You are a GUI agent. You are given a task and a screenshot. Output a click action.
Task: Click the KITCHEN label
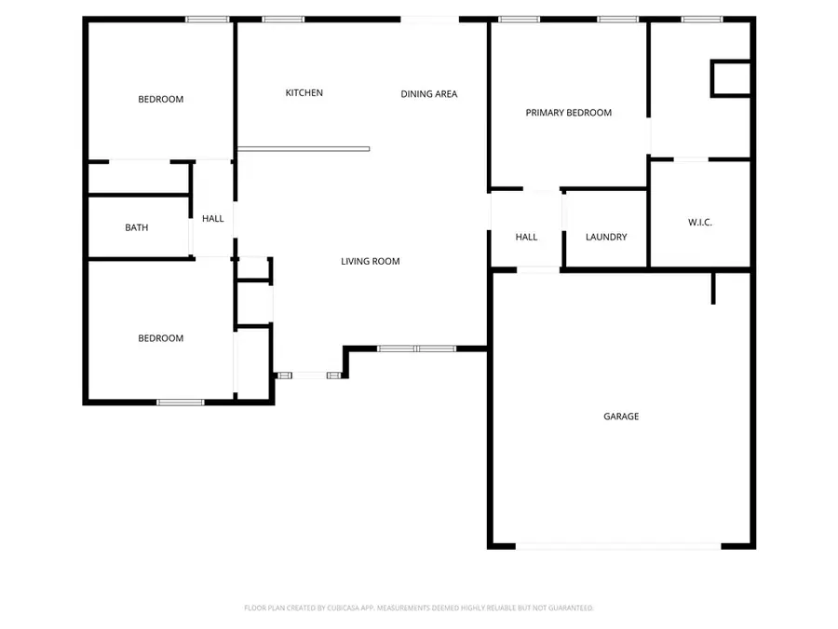click(304, 93)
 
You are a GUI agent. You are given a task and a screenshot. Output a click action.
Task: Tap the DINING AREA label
click(428, 94)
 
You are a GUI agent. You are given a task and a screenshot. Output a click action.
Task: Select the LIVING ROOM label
click(370, 262)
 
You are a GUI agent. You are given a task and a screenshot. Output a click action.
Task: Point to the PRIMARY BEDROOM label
click(568, 113)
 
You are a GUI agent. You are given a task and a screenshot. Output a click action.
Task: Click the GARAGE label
click(621, 417)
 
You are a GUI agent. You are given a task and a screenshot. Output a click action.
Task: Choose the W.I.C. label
click(699, 223)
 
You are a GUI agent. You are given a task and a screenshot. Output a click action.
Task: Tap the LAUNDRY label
click(606, 238)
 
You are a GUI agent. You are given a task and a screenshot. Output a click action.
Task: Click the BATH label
click(136, 227)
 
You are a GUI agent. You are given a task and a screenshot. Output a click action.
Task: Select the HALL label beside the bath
click(213, 219)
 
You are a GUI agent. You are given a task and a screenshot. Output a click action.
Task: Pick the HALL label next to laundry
click(526, 238)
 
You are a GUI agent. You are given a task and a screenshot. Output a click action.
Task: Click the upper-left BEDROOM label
click(161, 100)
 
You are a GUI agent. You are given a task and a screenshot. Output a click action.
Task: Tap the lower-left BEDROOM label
click(161, 338)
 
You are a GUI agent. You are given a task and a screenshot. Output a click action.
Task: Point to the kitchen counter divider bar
click(304, 149)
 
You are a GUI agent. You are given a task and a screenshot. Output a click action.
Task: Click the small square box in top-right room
click(731, 78)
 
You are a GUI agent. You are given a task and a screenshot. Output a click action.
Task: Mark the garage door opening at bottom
click(618, 547)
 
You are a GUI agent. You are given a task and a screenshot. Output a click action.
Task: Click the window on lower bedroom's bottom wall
click(180, 403)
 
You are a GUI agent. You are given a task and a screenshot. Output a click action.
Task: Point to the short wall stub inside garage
click(713, 288)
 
